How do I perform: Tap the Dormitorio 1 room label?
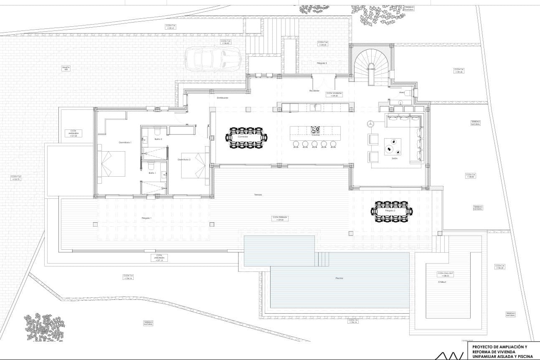click(125, 143)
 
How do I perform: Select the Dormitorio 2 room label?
click(184, 160)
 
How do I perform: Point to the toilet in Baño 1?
click(151, 164)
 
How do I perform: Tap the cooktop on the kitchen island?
click(315, 129)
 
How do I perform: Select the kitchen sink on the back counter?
click(316, 108)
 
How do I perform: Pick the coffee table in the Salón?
click(393, 147)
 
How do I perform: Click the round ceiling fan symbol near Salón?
click(369, 124)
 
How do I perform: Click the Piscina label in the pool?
click(340, 278)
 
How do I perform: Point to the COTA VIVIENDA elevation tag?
click(334, 94)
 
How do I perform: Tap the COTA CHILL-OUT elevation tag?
click(443, 274)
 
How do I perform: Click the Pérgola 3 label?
click(322, 63)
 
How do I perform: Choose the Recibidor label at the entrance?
click(314, 90)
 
